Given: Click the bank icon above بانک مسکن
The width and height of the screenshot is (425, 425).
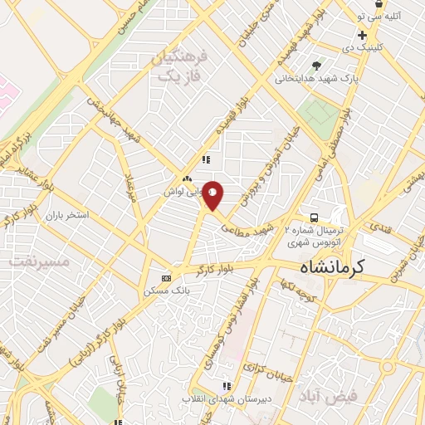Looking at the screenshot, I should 166,278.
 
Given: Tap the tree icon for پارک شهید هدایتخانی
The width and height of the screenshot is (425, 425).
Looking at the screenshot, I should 316,66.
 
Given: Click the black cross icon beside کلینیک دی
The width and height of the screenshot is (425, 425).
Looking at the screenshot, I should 362,35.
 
